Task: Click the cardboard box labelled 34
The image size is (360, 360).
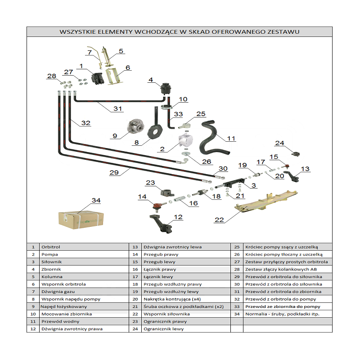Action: [81, 218]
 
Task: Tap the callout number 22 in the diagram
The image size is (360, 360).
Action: [220, 220]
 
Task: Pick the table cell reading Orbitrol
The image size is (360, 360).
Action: [51, 247]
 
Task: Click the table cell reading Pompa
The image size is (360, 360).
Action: [49, 254]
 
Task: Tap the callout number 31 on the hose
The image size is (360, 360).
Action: [117, 109]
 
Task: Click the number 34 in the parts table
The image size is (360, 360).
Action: [237, 314]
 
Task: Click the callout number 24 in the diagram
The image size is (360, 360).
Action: [280, 144]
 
